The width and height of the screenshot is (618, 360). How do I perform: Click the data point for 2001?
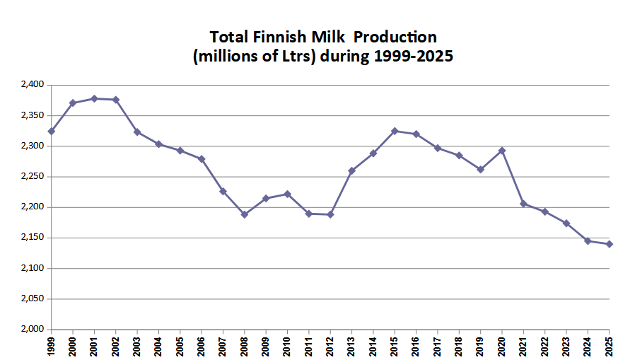click(94, 98)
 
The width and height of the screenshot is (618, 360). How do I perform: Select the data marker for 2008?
click(245, 214)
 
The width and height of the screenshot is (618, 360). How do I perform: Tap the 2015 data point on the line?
click(395, 131)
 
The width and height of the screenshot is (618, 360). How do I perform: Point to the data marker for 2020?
click(502, 151)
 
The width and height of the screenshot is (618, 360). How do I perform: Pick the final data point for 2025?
click(609, 244)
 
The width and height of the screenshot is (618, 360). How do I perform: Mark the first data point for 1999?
click(52, 131)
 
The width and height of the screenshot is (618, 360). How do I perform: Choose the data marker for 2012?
click(330, 214)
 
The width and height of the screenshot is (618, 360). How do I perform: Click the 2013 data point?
click(351, 170)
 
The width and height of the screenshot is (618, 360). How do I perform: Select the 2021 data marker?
click(523, 204)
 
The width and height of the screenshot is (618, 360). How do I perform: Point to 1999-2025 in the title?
click(411, 57)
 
